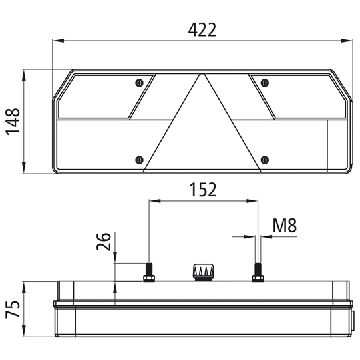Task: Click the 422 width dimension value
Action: (202, 30)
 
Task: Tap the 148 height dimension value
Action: (13, 122)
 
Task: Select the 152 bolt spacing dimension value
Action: (203, 190)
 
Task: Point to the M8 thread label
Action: (285, 225)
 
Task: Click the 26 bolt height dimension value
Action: (104, 242)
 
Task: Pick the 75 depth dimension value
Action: (13, 309)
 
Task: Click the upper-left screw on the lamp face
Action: (139, 83)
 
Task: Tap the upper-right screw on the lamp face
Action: (265, 83)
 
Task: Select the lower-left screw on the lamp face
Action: (139, 160)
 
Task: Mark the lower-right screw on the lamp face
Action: (265, 160)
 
